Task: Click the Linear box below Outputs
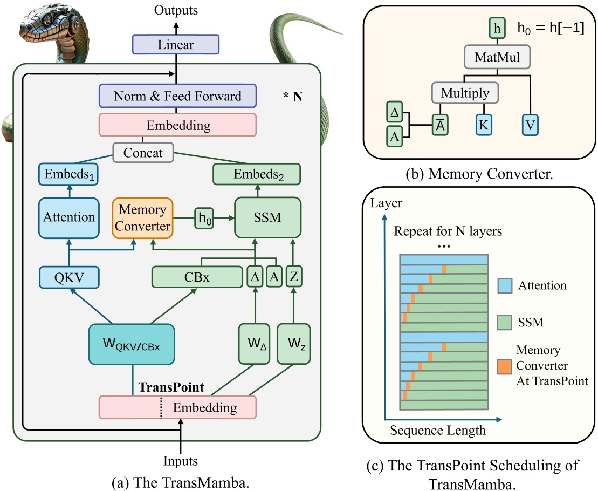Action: tap(176, 45)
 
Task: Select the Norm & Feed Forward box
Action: tap(177, 97)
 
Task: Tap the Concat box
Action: tap(143, 153)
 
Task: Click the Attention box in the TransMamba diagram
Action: tap(69, 217)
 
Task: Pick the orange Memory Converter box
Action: tap(143, 217)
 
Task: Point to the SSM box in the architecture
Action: tap(267, 217)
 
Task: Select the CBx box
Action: tap(197, 277)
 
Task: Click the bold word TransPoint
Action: tap(171, 387)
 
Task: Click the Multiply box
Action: tap(465, 93)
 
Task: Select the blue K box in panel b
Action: tap(483, 125)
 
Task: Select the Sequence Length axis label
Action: tap(437, 431)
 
